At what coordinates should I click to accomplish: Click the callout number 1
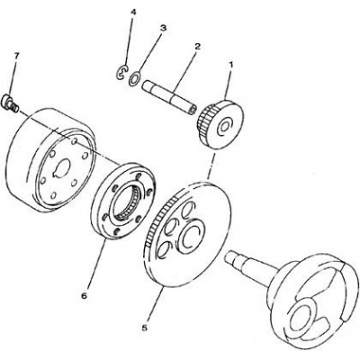click(x=230, y=64)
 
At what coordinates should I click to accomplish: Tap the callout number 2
click(x=197, y=47)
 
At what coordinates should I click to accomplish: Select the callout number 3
click(x=163, y=29)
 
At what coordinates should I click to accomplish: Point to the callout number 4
click(x=133, y=12)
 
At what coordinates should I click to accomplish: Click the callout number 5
click(x=145, y=328)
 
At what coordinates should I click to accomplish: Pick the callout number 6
click(x=84, y=295)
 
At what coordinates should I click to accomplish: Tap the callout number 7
click(x=16, y=56)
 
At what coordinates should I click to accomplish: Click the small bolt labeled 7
click(x=11, y=102)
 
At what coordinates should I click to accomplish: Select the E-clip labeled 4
click(x=121, y=72)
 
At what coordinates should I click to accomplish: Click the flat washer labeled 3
click(x=134, y=77)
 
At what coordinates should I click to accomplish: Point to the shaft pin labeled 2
click(x=170, y=96)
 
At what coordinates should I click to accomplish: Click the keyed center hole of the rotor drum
click(x=62, y=167)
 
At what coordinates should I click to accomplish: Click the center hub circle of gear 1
click(x=225, y=126)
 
